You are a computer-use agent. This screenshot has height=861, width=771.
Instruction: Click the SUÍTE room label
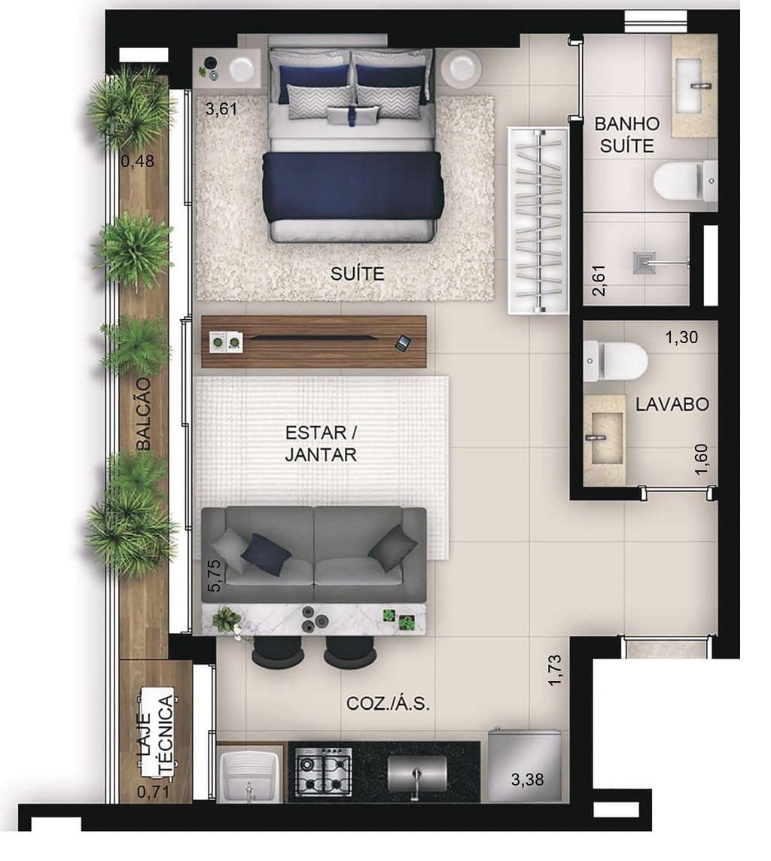click(x=357, y=274)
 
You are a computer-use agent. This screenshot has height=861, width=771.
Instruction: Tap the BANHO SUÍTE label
click(x=626, y=135)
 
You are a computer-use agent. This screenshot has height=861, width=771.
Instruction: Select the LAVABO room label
click(x=672, y=404)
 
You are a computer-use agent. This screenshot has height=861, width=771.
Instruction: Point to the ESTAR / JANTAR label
click(x=321, y=444)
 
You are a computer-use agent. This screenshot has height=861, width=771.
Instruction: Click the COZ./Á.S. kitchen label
click(x=389, y=703)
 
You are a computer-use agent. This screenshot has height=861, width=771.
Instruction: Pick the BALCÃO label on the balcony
click(x=143, y=414)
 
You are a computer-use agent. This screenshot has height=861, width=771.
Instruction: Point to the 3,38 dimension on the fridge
click(x=527, y=778)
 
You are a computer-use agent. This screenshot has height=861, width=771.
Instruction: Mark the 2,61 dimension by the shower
click(x=599, y=278)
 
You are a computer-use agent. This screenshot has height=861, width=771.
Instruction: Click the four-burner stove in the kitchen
click(x=323, y=771)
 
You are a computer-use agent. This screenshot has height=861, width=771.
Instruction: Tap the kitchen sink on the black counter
click(x=416, y=773)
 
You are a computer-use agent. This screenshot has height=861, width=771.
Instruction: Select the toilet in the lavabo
click(x=615, y=360)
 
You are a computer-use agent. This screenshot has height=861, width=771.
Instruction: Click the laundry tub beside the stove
click(x=250, y=775)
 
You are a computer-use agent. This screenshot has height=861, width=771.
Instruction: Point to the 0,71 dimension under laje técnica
click(x=153, y=791)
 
